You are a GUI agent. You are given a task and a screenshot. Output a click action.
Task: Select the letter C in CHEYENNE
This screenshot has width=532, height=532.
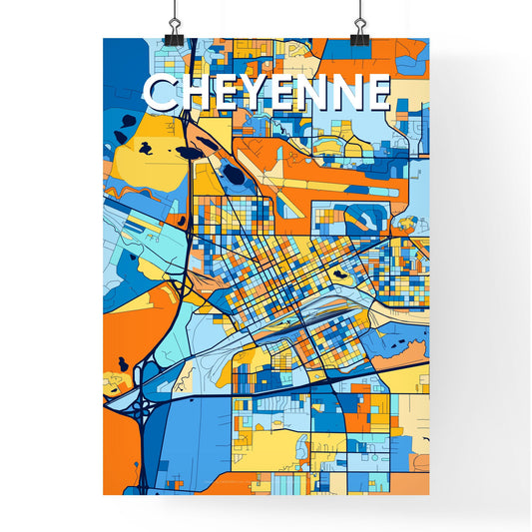(x=161, y=93)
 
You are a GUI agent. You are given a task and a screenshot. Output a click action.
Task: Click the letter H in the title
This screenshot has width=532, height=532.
(x=194, y=93)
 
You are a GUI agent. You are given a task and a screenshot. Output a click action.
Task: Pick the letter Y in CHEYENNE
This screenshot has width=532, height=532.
(x=256, y=93)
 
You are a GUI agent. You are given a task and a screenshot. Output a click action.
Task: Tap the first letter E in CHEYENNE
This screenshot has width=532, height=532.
(x=226, y=93)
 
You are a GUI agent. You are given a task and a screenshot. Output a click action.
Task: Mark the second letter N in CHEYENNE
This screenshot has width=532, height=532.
(x=346, y=93)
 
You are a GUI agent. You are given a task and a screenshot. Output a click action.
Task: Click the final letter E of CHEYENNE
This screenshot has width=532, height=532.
(x=377, y=93)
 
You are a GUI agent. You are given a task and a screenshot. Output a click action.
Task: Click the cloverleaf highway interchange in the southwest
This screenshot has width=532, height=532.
(x=141, y=404)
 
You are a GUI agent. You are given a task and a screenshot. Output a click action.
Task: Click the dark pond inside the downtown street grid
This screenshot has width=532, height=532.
(x=341, y=271)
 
